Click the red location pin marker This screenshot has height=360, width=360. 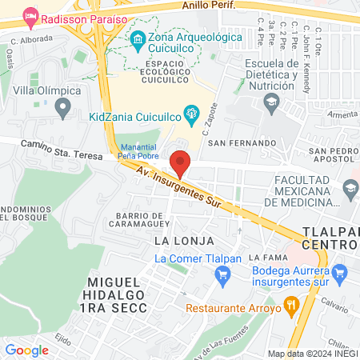tap(181, 163)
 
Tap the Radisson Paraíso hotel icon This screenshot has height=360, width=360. tap(31, 16)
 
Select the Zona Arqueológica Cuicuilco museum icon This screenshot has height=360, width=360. tap(137, 38)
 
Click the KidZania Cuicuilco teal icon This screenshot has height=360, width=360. tap(191, 115)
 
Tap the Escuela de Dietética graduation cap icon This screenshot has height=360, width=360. tap(271, 102)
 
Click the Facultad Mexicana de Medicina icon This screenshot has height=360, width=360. tap(349, 189)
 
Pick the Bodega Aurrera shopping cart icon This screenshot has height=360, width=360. tap(342, 272)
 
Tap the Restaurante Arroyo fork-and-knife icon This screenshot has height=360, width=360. tap(292, 304)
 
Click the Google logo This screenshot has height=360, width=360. tap(26, 350)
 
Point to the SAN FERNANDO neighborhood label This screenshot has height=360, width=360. tap(235, 143)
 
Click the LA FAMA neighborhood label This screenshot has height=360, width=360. tap(266, 258)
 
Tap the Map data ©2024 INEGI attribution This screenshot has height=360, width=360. tap(311, 354)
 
